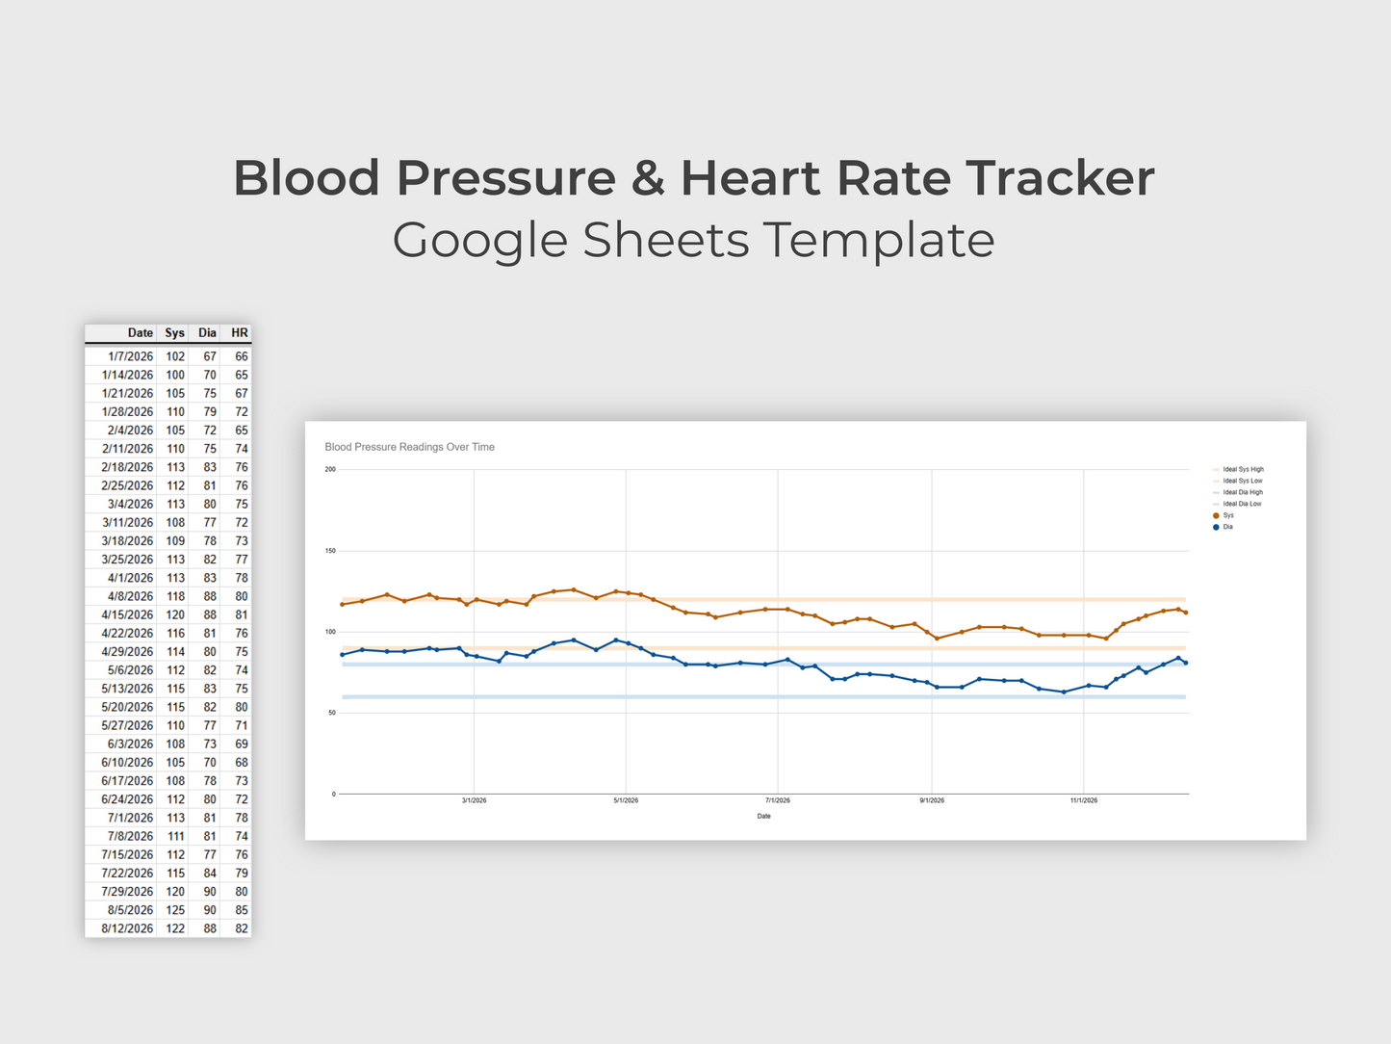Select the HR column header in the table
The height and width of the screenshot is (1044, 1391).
[x=240, y=333]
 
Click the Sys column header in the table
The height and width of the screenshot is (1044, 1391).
[x=174, y=333]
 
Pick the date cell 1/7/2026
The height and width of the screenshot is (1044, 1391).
[x=130, y=356]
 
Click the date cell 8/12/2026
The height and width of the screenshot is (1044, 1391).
[x=127, y=928]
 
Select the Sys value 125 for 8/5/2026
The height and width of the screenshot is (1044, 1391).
[x=175, y=910]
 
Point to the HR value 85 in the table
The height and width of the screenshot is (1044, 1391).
[x=242, y=910]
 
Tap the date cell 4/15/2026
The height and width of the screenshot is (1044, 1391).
[x=127, y=614]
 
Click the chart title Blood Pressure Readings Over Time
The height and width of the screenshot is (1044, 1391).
[x=409, y=447]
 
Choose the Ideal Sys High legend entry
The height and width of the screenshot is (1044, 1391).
[x=1243, y=470]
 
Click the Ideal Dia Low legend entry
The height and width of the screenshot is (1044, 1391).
[x=1242, y=504]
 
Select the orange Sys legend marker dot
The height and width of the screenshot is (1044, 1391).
[x=1216, y=515]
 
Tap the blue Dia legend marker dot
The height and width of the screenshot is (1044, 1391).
[x=1216, y=527]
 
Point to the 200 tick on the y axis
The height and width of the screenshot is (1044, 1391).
[x=330, y=470]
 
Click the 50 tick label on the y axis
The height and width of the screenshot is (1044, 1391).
[x=332, y=714]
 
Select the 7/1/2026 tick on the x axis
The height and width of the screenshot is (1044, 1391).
[x=778, y=800]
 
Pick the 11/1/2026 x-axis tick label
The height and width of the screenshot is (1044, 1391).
[x=1084, y=800]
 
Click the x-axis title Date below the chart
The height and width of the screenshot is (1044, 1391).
[x=763, y=817]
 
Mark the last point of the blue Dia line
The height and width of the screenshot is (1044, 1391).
[x=1185, y=663]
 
